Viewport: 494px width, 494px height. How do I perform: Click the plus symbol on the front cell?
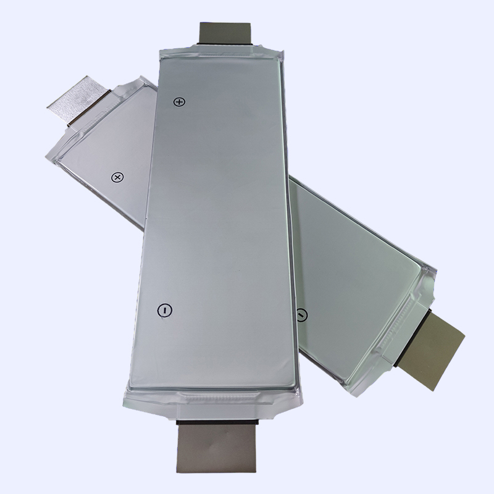(179, 101)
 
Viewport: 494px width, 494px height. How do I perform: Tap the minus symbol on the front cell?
(164, 311)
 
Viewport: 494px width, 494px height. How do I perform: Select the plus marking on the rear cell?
(117, 177)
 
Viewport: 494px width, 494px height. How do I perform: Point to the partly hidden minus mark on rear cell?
(301, 314)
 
